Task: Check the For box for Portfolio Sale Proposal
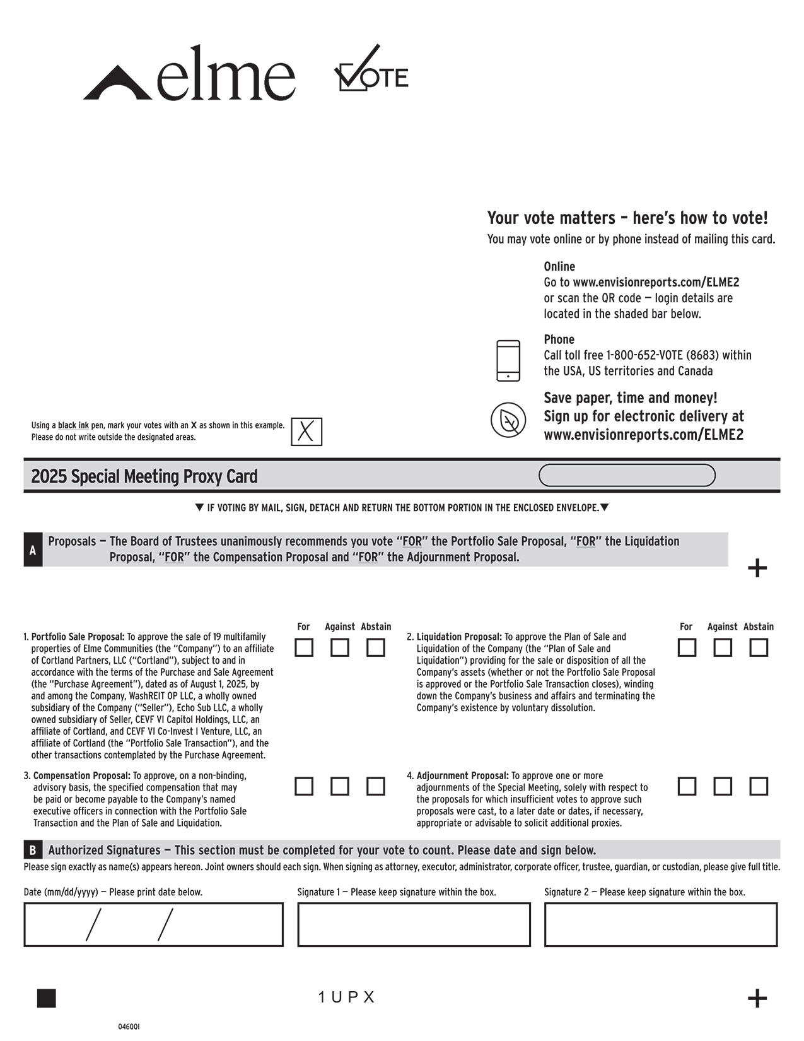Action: tap(304, 648)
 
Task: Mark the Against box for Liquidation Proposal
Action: tap(723, 648)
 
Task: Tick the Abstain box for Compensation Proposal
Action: tap(376, 787)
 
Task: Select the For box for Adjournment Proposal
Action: tap(687, 787)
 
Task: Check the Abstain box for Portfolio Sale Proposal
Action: tap(376, 648)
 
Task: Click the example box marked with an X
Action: tap(306, 432)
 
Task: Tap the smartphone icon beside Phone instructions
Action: tap(508, 361)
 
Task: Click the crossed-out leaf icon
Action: tap(508, 420)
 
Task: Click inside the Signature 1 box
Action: tap(414, 925)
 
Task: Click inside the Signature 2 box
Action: tap(661, 925)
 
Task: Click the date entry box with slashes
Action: tap(153, 925)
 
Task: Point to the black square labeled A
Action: tap(33, 550)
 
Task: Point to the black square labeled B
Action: tap(33, 850)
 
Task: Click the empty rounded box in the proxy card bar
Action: tap(627, 476)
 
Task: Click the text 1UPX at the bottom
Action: tap(347, 997)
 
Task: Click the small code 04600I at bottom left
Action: tap(129, 1027)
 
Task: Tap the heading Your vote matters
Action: tap(627, 218)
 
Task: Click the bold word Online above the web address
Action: tap(559, 267)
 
